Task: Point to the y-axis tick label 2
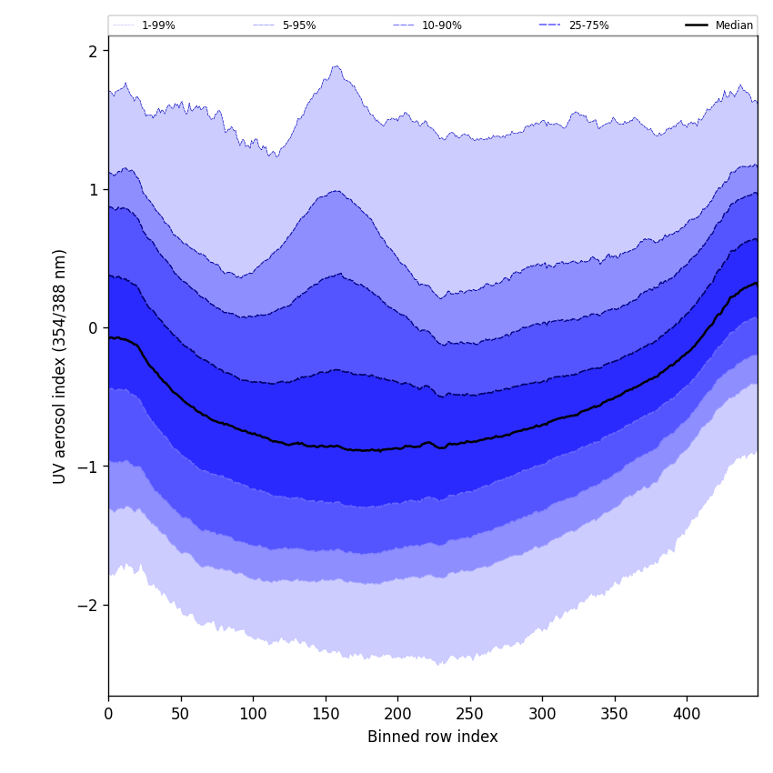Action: coord(92,52)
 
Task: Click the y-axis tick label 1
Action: coord(92,190)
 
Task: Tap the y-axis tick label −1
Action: coord(87,467)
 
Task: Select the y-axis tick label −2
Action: coord(87,606)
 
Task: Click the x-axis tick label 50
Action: coord(181,715)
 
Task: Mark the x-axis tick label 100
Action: coord(253,715)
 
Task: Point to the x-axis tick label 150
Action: coord(326,715)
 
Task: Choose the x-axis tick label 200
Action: coord(397,715)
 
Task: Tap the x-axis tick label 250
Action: coord(470,715)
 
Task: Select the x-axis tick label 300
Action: coord(542,715)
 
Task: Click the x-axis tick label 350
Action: coord(615,715)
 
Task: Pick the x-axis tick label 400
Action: coord(687,715)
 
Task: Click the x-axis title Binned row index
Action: coord(433,738)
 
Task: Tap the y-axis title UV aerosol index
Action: coord(60,366)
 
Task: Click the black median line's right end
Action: coord(756,284)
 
